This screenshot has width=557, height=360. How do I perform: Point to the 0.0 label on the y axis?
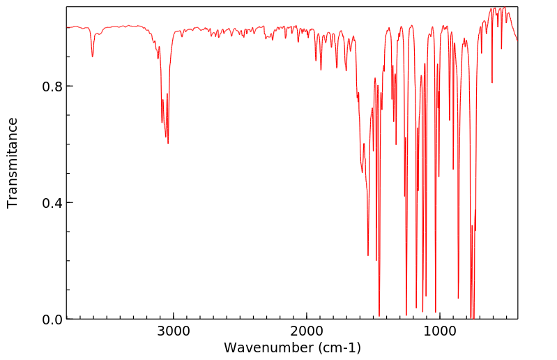tap(53, 320)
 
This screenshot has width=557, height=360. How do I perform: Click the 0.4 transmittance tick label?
tap(53, 203)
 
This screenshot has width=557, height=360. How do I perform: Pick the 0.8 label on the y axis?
tap(53, 87)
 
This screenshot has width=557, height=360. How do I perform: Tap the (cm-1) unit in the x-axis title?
tap(339, 347)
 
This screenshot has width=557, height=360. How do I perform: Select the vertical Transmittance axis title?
tap(13, 163)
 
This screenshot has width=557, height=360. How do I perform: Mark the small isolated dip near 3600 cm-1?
tap(92, 56)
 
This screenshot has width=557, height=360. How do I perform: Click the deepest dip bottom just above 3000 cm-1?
tap(168, 143)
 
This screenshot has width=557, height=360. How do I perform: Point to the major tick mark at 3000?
tap(173, 316)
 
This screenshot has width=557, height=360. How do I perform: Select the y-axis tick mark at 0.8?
tap(69, 87)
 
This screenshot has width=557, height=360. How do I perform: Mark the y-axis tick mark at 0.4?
tap(69, 203)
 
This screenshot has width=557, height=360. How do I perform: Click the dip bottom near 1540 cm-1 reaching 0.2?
tap(368, 255)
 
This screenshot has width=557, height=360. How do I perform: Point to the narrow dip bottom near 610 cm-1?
tap(492, 82)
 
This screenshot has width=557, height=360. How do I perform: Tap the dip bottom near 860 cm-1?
tap(458, 298)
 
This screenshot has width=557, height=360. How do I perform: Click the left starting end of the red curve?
tap(67, 27)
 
